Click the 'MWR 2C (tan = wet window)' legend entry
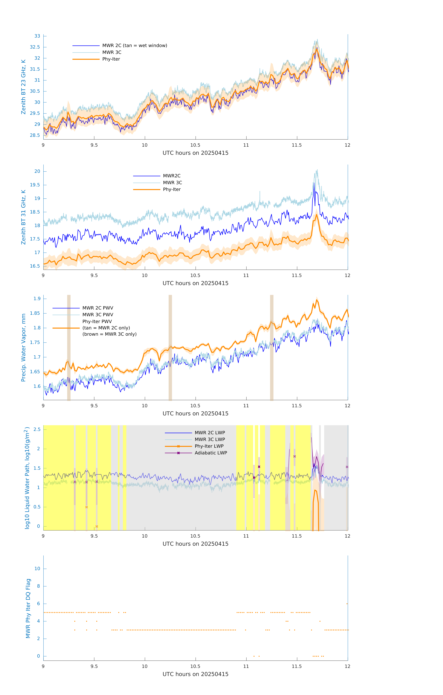(x=134, y=46)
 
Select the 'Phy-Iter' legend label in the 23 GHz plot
(x=111, y=59)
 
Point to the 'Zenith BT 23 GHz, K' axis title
(x=23, y=87)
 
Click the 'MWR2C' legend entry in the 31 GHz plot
(x=172, y=176)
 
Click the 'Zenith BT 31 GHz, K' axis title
(x=23, y=217)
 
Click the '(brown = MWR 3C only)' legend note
(x=109, y=334)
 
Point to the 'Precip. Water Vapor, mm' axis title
(x=23, y=347)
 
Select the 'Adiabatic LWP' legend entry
(x=211, y=453)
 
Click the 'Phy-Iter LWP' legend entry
(x=209, y=446)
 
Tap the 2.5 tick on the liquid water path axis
(x=37, y=430)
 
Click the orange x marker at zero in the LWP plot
(x=97, y=526)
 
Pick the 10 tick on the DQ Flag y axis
(x=37, y=569)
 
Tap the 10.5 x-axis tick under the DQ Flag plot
(x=195, y=666)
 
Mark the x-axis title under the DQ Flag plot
(x=195, y=674)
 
